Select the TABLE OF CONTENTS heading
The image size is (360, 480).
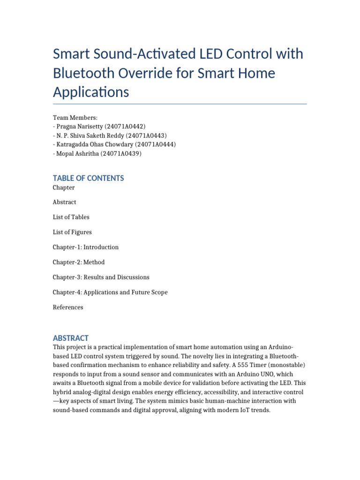click(x=88, y=178)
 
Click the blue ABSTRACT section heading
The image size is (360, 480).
click(x=70, y=338)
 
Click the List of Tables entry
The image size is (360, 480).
click(x=71, y=217)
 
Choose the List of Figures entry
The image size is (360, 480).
click(x=72, y=232)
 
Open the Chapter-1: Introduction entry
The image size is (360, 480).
click(x=85, y=247)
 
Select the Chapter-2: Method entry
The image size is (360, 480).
click(x=78, y=262)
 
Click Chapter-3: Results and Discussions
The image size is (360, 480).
click(x=101, y=277)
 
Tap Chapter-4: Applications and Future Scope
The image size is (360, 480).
click(x=110, y=292)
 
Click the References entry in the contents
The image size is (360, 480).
click(x=67, y=307)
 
